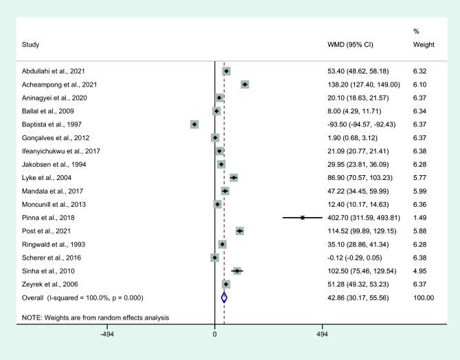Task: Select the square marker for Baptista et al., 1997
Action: [194, 124]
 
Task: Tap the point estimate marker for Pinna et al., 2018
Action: [302, 217]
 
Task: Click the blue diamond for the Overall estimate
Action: [224, 297]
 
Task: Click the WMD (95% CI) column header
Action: [352, 45]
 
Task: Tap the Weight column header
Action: [424, 45]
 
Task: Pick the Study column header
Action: [30, 45]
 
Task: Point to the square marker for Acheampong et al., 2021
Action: [244, 84]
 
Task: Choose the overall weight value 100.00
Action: [424, 297]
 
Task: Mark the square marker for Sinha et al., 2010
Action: [237, 271]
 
